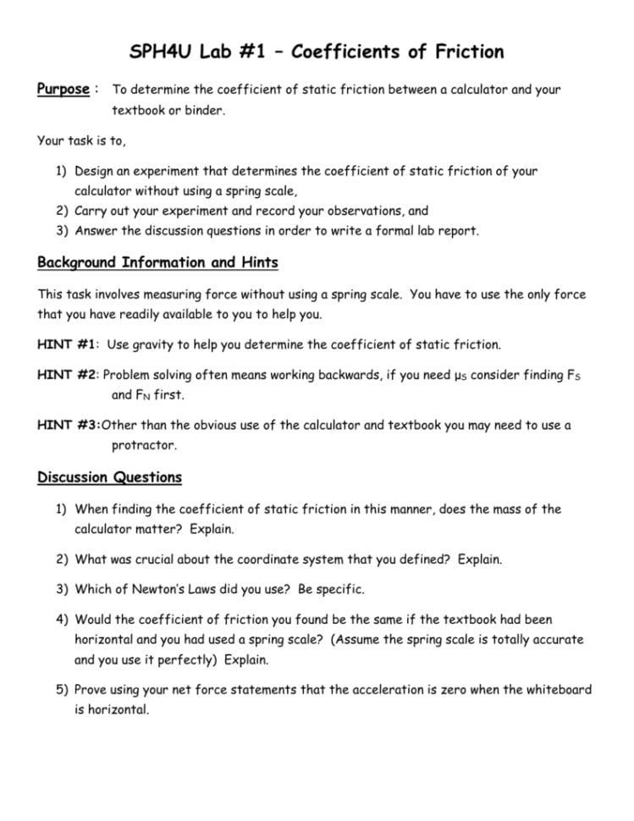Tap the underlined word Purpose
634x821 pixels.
pos(63,89)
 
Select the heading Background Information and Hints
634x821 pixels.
pos(157,262)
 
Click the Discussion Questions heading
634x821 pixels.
pos(109,477)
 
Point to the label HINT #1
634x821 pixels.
pos(68,345)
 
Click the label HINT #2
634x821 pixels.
pos(68,374)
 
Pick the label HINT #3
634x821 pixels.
pos(68,425)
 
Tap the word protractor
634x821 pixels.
pos(143,445)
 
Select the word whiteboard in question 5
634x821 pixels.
pos(555,690)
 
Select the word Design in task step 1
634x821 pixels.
pos(96,171)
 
